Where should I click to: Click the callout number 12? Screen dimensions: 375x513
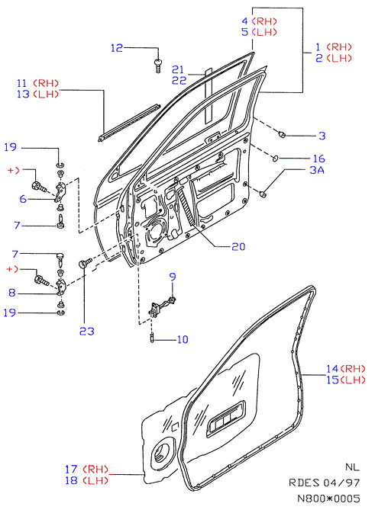117,48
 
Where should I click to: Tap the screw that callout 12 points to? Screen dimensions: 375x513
158,66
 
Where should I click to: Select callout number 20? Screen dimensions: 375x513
238,246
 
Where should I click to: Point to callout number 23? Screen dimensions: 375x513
87,331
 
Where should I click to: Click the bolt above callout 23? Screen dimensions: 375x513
86,263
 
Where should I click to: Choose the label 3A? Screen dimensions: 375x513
317,170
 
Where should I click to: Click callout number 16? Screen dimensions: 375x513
319,159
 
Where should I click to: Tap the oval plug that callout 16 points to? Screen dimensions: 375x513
275,159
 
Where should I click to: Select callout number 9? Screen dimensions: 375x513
173,277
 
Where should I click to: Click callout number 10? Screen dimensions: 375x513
183,340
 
